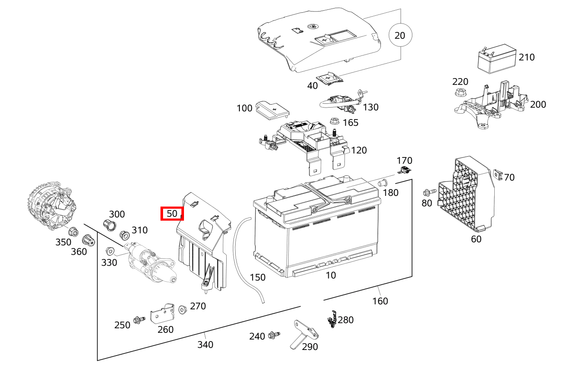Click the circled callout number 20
(x=400, y=35)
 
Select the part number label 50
(x=172, y=214)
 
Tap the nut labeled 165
(x=335, y=121)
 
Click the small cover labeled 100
(x=271, y=109)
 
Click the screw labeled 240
(x=274, y=336)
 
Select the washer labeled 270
(x=183, y=309)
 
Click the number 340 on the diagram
(x=205, y=344)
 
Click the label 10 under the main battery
(x=331, y=275)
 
